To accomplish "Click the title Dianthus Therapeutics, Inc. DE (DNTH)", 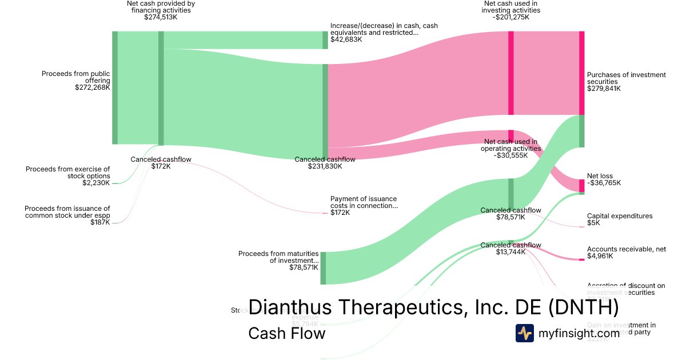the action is pyautogui.click(x=433, y=307).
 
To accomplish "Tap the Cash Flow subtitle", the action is pyautogui.click(x=286, y=333).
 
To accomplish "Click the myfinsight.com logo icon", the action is pyautogui.click(x=524, y=333).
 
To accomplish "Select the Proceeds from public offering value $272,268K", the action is pyautogui.click(x=92, y=87).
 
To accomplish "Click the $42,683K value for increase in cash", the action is pyautogui.click(x=346, y=39).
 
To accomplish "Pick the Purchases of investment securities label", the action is pyautogui.click(x=626, y=78).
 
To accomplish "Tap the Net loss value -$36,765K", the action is pyautogui.click(x=604, y=183).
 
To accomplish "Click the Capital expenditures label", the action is pyautogui.click(x=619, y=216).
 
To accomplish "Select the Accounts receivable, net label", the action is pyautogui.click(x=626, y=249).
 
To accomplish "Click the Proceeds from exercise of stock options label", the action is pyautogui.click(x=67, y=172).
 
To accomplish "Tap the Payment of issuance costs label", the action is pyautogui.click(x=363, y=202).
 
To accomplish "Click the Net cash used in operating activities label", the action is pyautogui.click(x=510, y=145).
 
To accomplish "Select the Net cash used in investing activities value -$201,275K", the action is pyautogui.click(x=510, y=17).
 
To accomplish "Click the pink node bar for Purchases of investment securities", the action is pyautogui.click(x=581, y=73).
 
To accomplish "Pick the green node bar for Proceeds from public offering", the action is pyautogui.click(x=115, y=87).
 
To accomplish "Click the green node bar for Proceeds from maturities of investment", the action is pyautogui.click(x=323, y=267).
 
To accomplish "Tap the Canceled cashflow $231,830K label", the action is pyautogui.click(x=325, y=163).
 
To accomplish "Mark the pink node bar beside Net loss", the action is pyautogui.click(x=581, y=185).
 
